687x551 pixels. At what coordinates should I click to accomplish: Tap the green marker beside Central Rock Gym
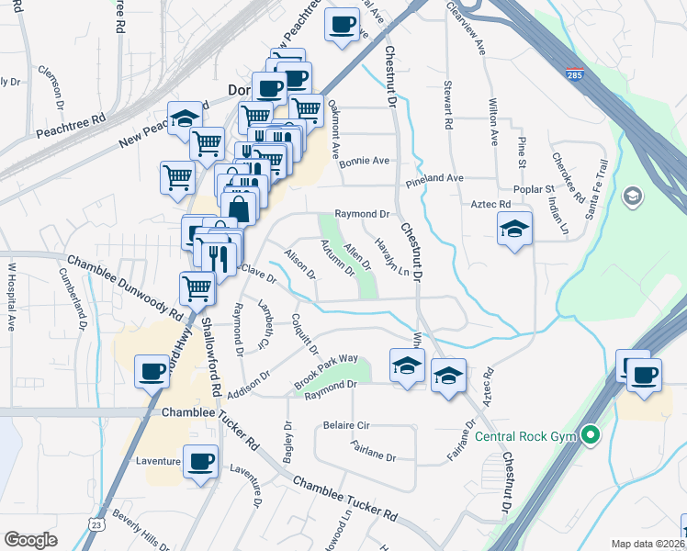click(x=591, y=434)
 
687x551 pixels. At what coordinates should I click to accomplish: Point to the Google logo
click(x=30, y=539)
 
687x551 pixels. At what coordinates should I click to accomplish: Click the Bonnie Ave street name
click(x=365, y=161)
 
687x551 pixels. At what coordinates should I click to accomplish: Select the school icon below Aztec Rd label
click(x=514, y=229)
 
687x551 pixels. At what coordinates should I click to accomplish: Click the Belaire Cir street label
click(x=346, y=426)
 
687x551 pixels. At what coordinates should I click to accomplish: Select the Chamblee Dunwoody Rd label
click(x=125, y=287)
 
